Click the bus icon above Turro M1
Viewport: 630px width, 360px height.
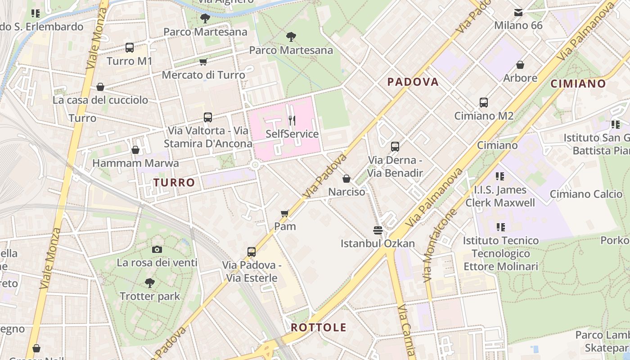pos(130,47)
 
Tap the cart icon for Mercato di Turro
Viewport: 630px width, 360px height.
pos(203,62)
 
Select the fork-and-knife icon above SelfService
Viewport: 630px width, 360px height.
pos(292,120)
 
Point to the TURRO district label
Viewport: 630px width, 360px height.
pos(174,182)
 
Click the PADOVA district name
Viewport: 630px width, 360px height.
pos(413,82)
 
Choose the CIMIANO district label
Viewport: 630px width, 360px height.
pos(578,84)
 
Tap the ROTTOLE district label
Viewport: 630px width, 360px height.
pos(319,327)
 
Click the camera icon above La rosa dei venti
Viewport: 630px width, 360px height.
pos(157,249)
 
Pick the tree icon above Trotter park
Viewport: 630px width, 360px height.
pos(150,283)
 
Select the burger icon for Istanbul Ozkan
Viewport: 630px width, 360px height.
pos(378,230)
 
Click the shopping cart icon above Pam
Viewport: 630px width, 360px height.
pos(284,213)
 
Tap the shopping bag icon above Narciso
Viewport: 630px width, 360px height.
pos(346,179)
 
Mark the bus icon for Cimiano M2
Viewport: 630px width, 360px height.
pos(484,103)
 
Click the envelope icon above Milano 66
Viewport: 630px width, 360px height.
pos(518,13)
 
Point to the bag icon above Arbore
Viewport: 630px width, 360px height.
pos(520,65)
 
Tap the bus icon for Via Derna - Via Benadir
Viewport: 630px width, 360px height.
pos(395,147)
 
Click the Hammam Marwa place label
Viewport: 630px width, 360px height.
pos(135,163)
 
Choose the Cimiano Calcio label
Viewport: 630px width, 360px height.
pos(586,194)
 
